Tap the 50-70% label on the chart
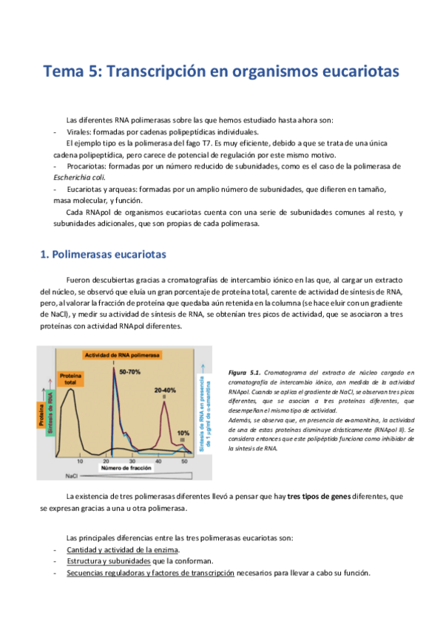point(129,371)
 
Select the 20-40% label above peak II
point(166,390)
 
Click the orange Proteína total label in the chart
point(71,379)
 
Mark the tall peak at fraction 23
point(113,369)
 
